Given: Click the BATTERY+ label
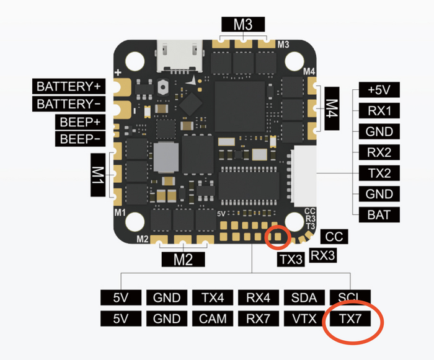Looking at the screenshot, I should click(x=71, y=86).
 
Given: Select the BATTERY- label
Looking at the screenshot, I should click(x=71, y=103).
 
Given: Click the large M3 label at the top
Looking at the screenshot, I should click(x=242, y=25).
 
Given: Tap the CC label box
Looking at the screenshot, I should click(x=334, y=236).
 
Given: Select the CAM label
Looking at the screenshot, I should click(x=213, y=319).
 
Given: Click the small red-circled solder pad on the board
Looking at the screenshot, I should click(x=277, y=236).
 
